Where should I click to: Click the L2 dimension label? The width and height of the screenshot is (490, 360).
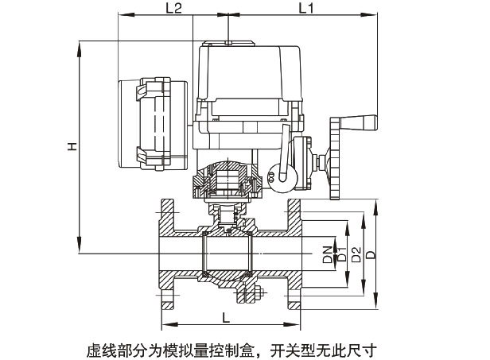[x=173, y=9]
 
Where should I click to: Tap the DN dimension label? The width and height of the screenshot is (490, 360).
[x=328, y=255]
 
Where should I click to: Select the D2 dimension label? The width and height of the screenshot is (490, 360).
[x=356, y=254]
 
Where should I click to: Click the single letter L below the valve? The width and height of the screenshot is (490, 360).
[x=227, y=318]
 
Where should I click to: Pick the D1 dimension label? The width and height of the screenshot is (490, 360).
[x=340, y=255]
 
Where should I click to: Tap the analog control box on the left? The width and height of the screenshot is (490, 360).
[x=151, y=123]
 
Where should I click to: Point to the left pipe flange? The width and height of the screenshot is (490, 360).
[x=168, y=254]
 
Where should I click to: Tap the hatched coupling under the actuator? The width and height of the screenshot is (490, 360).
[x=229, y=182]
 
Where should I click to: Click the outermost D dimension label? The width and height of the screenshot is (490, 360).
[x=371, y=254]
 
